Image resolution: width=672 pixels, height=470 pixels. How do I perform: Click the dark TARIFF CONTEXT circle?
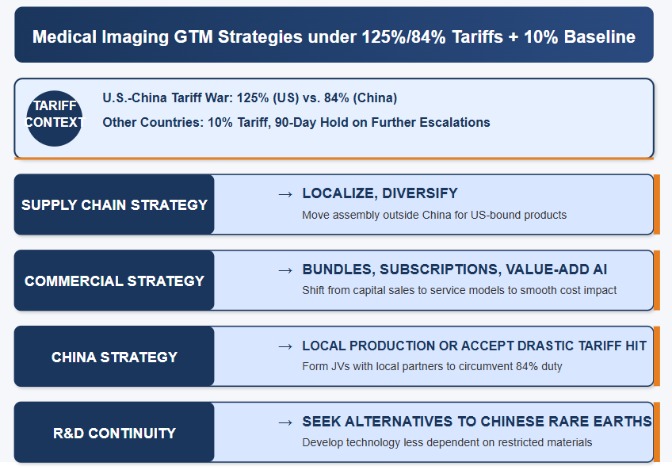pos(55,118)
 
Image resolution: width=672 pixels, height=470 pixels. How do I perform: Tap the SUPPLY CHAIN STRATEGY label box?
pos(114,204)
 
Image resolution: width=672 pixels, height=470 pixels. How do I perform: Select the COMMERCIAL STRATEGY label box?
pos(114,281)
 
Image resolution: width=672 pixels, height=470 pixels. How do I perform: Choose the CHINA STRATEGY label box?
pos(114,357)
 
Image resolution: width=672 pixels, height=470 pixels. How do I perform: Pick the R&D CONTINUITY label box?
pos(114,432)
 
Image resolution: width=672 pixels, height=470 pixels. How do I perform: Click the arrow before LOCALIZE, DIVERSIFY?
pos(285,195)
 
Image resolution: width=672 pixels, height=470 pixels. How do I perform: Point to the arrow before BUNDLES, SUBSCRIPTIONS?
pos(285,270)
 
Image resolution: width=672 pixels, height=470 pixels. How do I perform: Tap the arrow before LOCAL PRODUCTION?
pos(285,346)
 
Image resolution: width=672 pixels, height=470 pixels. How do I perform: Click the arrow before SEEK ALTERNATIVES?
pos(285,422)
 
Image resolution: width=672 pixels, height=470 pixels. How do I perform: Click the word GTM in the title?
pos(193,37)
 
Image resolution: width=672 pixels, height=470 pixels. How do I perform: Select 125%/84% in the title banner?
pos(403,37)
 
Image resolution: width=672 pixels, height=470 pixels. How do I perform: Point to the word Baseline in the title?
pos(600,37)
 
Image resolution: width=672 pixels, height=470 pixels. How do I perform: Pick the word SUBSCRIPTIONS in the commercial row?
pos(439,269)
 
